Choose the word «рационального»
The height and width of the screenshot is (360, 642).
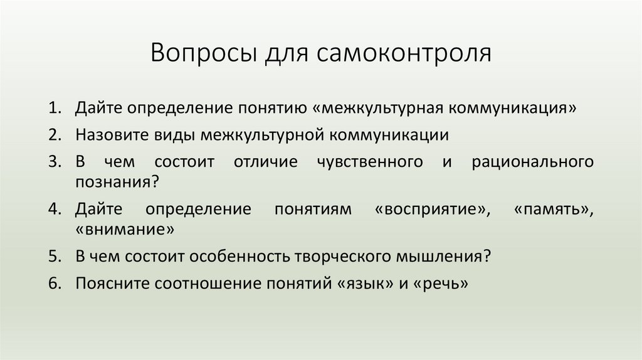[533, 162]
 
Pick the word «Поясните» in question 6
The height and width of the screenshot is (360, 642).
[113, 283]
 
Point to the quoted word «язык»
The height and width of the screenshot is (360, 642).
[364, 283]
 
